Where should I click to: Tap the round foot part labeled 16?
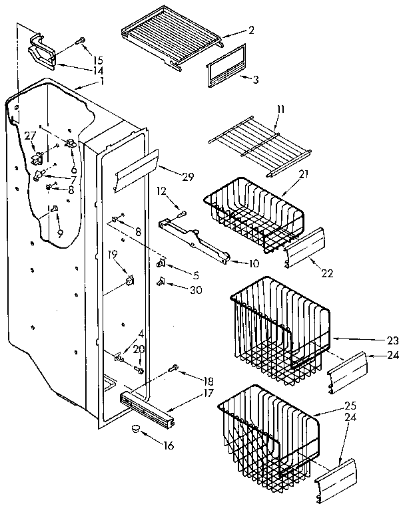pos(137,428)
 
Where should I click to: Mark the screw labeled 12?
pos(179,213)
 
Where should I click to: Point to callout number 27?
pos(29,136)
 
